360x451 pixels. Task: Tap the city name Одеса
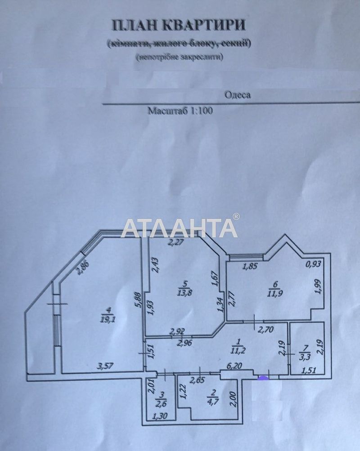tap(237, 95)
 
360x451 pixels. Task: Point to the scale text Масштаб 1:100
tap(180, 111)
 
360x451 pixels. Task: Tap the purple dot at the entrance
tap(262, 378)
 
